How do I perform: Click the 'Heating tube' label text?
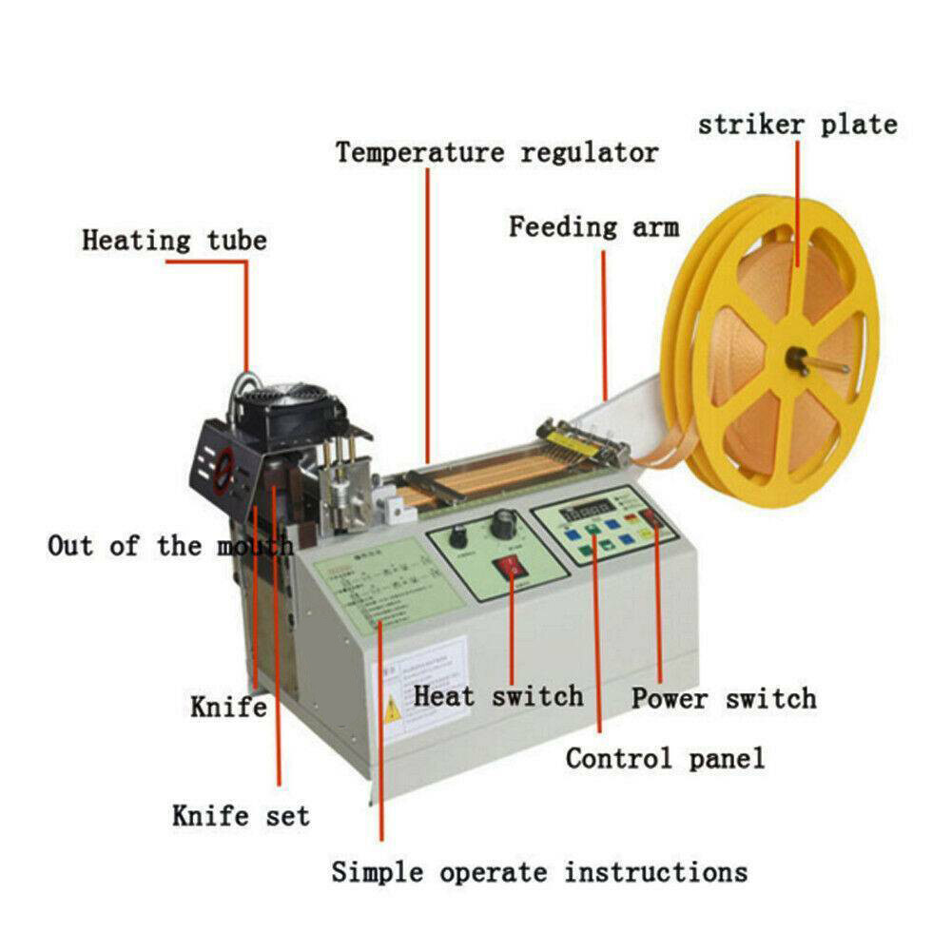click(x=174, y=240)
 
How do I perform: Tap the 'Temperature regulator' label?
click(x=495, y=152)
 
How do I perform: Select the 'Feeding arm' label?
click(x=593, y=227)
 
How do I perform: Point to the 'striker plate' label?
click(x=797, y=125)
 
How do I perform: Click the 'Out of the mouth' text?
click(x=170, y=546)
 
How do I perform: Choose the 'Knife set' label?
click(x=241, y=815)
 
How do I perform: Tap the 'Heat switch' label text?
click(x=497, y=695)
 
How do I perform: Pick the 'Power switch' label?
click(x=724, y=698)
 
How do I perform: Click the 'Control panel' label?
click(x=664, y=758)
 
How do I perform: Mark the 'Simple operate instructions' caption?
click(x=539, y=871)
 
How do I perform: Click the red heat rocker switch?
click(x=510, y=571)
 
